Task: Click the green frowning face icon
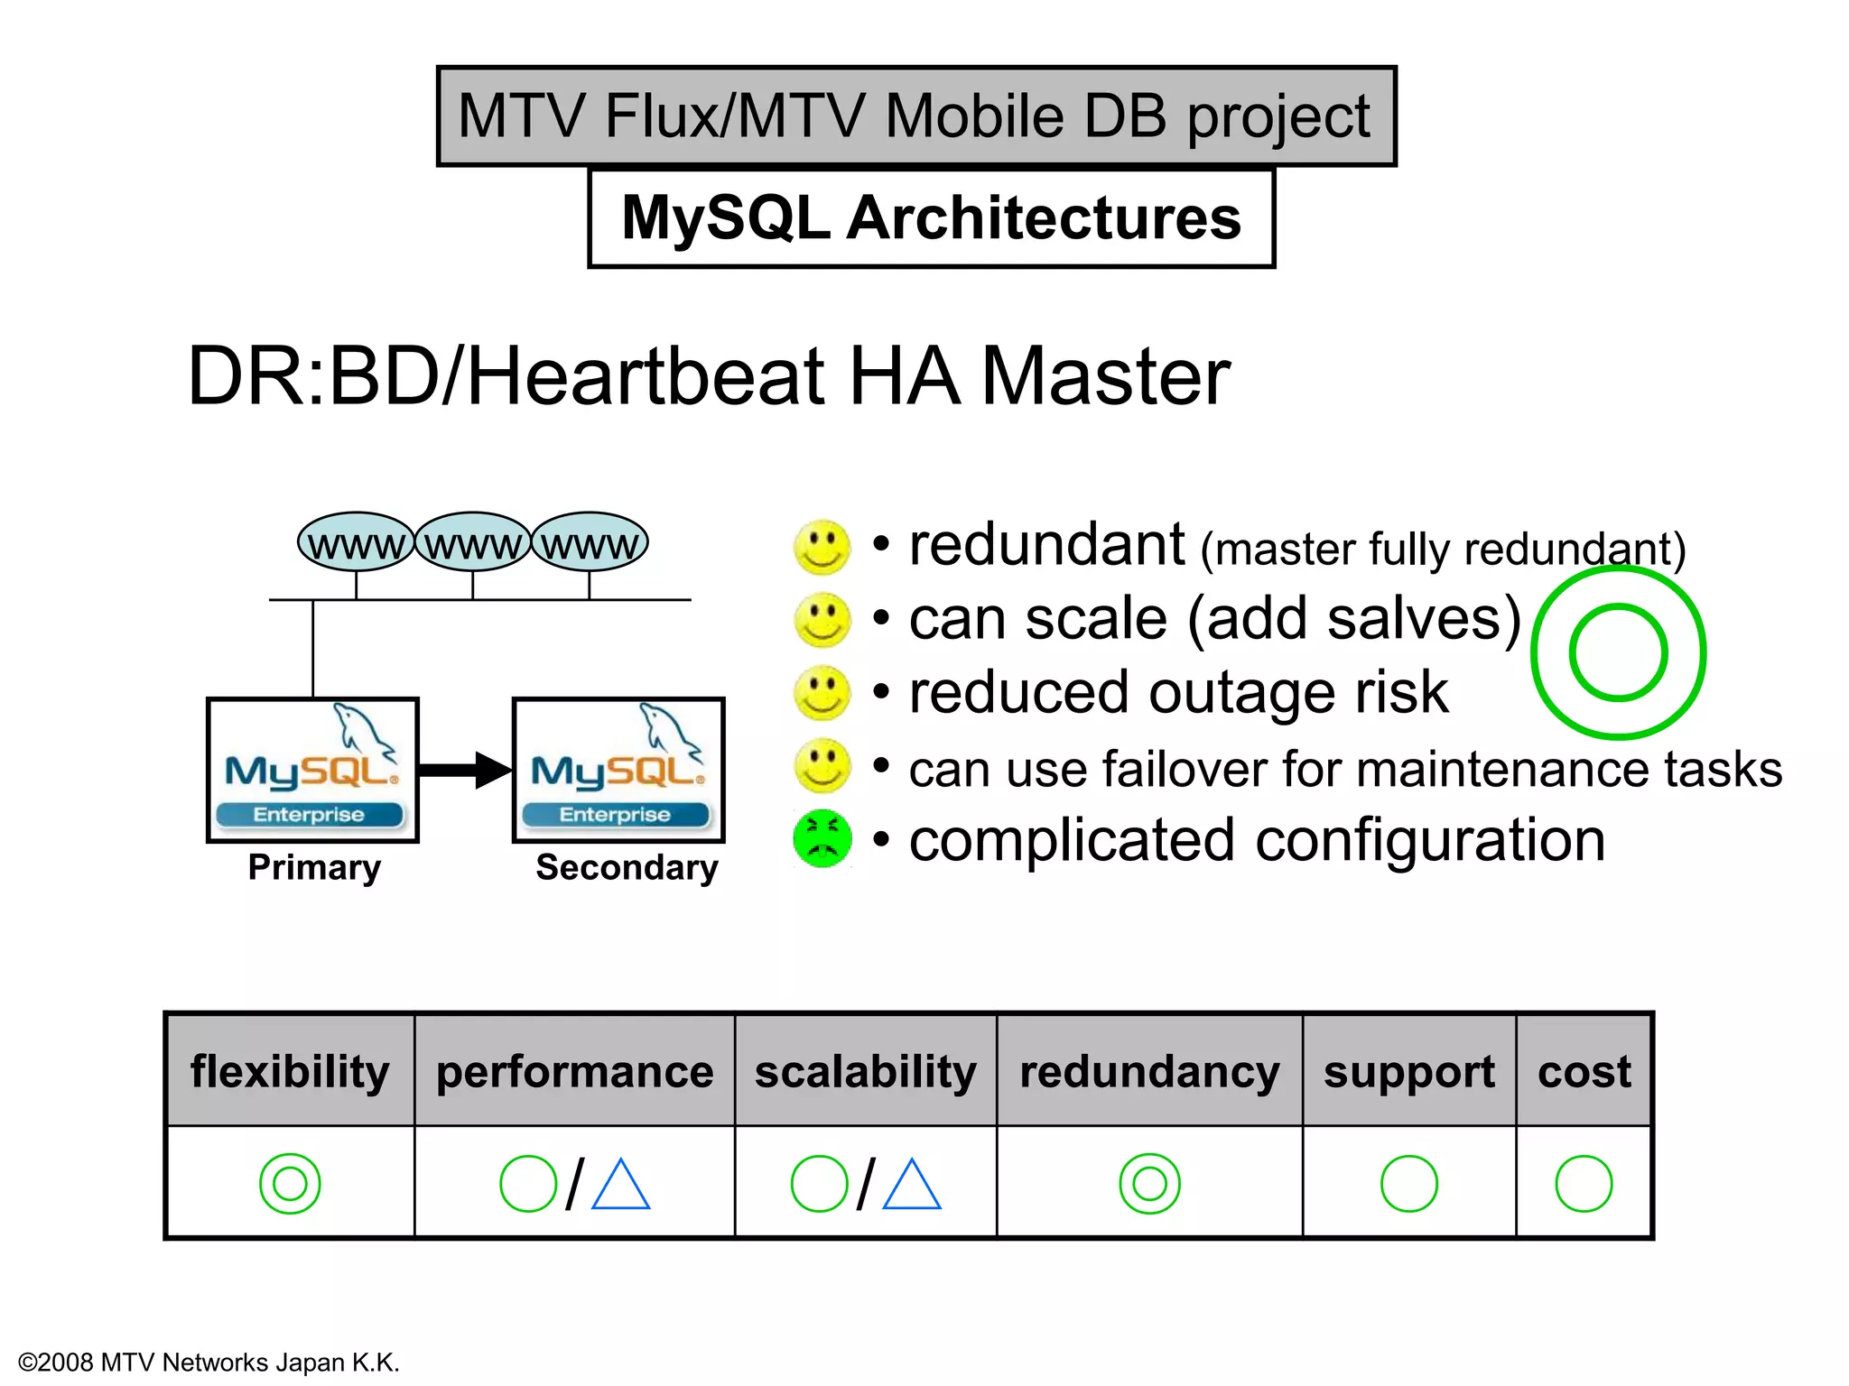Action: point(822,839)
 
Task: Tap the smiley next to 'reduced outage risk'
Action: point(822,693)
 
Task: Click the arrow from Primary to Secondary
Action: point(465,770)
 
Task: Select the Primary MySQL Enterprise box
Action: point(312,770)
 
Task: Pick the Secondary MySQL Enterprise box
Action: point(618,770)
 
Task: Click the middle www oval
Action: point(473,542)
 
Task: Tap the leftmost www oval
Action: point(356,542)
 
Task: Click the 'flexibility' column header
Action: point(290,1071)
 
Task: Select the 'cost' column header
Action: point(1584,1071)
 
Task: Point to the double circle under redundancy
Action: point(1149,1183)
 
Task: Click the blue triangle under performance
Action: point(621,1186)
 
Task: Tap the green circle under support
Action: point(1408,1183)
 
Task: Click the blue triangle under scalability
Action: point(912,1186)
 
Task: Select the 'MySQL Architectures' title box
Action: point(931,218)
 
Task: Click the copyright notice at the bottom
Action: point(209,1362)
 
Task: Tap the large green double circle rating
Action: point(1618,652)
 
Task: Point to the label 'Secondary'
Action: point(627,867)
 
